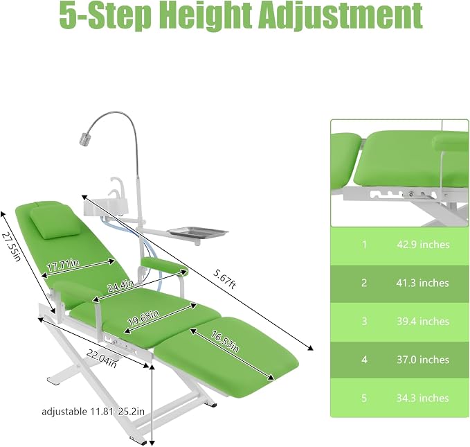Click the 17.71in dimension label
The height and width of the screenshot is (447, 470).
click(63, 265)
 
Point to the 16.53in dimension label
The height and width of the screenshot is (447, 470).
click(225, 342)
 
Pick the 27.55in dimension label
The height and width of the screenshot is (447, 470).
click(12, 247)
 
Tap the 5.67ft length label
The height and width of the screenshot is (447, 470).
click(225, 279)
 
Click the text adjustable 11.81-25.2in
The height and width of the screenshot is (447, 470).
click(93, 411)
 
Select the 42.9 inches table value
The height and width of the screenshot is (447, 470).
click(423, 245)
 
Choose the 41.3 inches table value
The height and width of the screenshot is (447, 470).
click(422, 283)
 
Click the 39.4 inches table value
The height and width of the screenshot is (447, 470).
click(423, 322)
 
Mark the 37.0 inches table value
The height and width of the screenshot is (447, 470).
click(423, 360)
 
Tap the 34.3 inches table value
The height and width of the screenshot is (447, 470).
click(423, 398)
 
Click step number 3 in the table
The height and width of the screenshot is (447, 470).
click(364, 322)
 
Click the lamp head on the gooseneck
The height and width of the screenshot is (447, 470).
click(84, 140)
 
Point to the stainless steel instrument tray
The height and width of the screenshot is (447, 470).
click(197, 233)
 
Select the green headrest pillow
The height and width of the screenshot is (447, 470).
click(56, 222)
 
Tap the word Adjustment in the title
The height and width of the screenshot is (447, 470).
click(341, 15)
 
